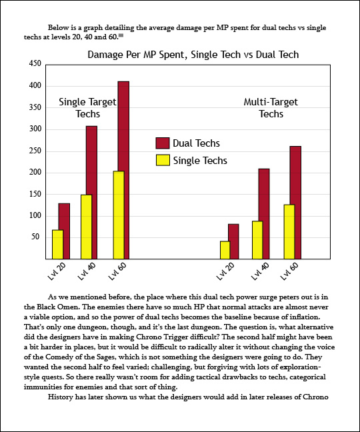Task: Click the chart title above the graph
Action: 193,55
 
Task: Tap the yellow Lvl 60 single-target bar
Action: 119,215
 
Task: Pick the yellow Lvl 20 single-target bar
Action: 57,245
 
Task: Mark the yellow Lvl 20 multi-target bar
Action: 225,250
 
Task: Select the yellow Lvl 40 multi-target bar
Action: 257,240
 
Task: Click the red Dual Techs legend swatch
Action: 163,143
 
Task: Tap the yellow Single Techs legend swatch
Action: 163,161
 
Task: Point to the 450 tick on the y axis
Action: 35,63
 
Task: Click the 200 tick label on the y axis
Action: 35,173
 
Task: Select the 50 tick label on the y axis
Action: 35,237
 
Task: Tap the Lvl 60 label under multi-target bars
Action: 289,271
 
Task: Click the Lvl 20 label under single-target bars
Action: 57,271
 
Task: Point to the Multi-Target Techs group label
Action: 271,108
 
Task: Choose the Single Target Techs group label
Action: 87,108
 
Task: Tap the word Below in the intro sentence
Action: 57,27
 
